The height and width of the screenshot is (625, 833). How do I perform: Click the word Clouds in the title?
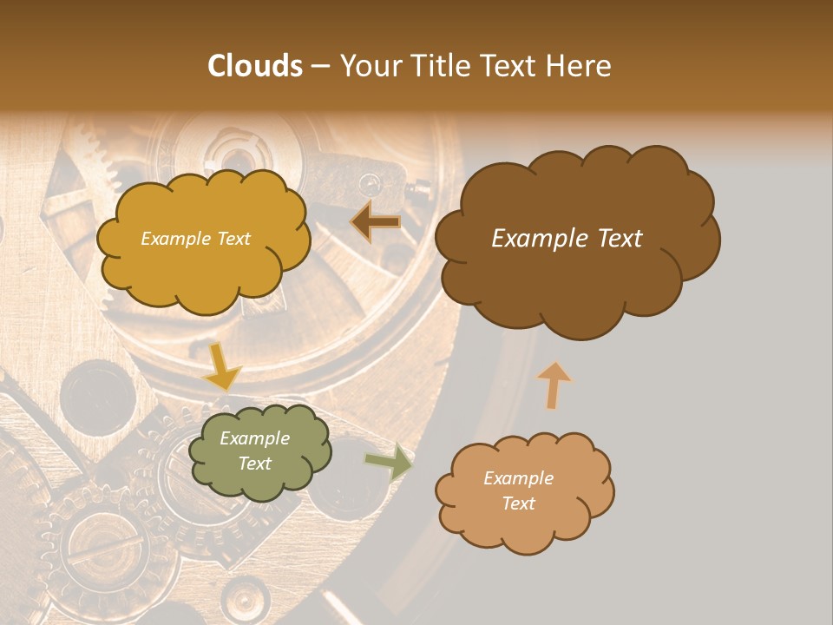254,66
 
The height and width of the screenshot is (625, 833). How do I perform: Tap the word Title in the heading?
437,66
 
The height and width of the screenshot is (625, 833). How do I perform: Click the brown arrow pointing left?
376,222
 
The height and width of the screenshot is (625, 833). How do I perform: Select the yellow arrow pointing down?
221,367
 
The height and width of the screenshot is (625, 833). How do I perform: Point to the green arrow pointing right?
388,462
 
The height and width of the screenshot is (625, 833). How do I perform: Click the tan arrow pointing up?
554,384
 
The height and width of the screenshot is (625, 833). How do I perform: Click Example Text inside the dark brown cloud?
567,239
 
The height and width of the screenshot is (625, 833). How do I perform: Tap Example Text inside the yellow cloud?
195,239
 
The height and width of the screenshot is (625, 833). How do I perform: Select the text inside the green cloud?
254,451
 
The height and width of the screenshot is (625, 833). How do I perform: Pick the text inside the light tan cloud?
518,490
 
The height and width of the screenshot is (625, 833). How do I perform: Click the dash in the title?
319,66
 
